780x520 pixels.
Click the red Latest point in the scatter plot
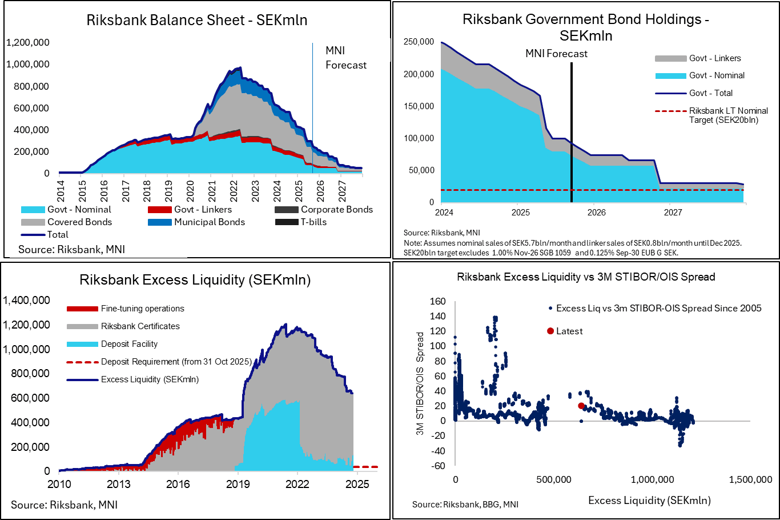581,406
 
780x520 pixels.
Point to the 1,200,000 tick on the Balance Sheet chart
28,42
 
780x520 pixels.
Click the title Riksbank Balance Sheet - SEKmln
197,20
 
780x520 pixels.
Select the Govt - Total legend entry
711,93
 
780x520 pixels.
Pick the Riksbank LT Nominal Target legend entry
728,115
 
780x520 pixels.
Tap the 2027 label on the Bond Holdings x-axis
673,213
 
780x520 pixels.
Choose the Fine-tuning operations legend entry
142,309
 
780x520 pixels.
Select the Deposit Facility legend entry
129,344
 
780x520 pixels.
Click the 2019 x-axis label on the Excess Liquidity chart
238,484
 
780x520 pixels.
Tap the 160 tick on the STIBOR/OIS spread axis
437,301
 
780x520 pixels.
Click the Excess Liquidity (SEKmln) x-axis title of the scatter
649,501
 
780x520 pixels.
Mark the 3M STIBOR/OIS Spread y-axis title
420,383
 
